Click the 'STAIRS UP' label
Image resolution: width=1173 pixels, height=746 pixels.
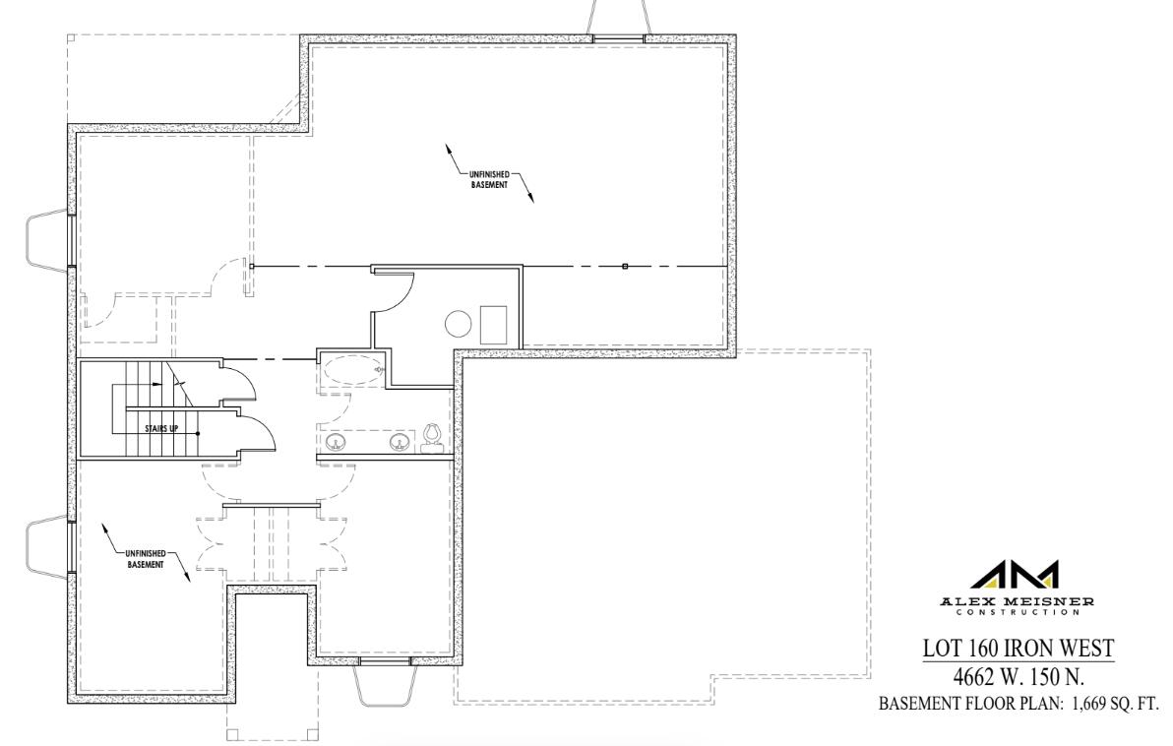[160, 428]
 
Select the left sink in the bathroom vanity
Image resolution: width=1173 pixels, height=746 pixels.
[335, 442]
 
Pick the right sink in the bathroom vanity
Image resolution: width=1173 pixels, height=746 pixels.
[400, 442]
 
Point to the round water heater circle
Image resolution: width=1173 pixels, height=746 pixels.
[459, 324]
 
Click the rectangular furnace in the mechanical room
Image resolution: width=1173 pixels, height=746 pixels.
[494, 324]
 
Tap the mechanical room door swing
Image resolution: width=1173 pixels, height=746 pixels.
[398, 292]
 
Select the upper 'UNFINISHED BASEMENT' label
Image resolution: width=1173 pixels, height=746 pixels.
[488, 180]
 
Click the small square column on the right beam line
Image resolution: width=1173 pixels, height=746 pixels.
[625, 267]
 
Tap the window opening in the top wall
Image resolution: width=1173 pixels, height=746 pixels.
[618, 38]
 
